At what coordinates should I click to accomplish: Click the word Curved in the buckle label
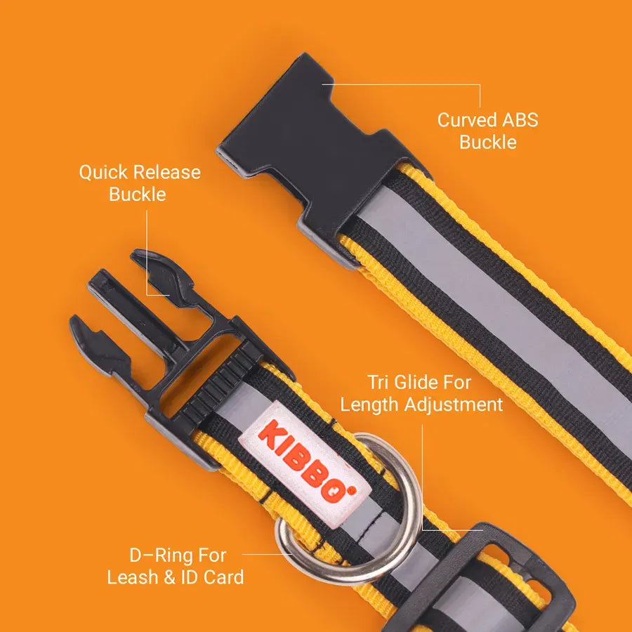(467, 120)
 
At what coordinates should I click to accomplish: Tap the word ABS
(520, 120)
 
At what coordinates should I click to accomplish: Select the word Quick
(103, 173)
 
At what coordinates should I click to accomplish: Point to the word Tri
(378, 382)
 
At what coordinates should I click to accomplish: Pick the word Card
(224, 577)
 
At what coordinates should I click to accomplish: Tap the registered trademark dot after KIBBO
(353, 491)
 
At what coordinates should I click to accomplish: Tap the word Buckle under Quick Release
(138, 195)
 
